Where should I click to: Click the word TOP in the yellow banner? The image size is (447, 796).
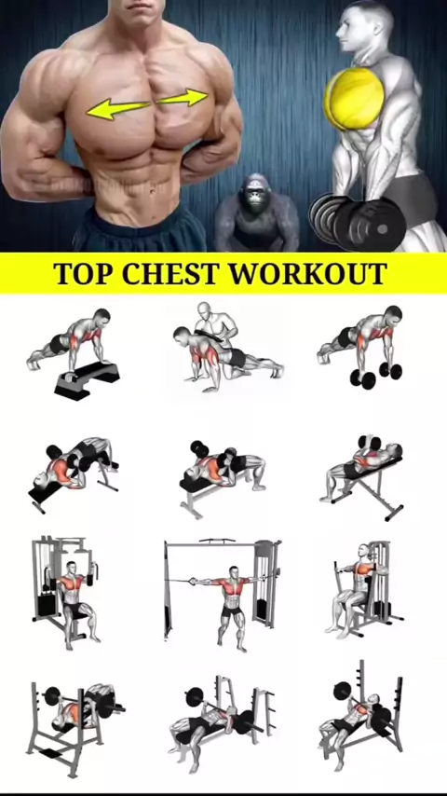(84, 273)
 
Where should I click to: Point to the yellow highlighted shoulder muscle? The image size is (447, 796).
(354, 98)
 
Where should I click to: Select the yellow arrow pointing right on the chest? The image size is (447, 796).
(183, 97)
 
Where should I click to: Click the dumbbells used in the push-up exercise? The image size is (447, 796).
(375, 376)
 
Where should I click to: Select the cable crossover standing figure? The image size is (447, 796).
(232, 608)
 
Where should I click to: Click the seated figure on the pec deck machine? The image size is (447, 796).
(355, 589)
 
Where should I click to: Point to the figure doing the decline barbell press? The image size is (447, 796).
(84, 708)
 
